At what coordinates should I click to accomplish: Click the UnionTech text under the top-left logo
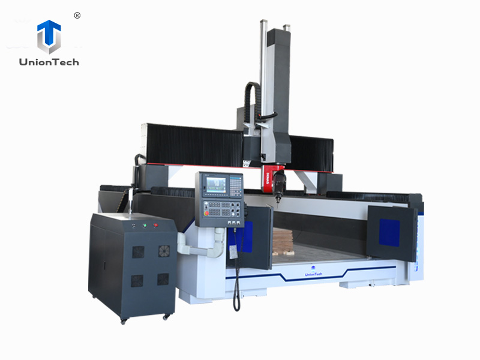point(49,62)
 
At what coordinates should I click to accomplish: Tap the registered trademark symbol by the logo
point(77,16)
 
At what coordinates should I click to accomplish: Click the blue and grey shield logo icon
point(49,37)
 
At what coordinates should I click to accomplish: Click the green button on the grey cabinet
point(144,226)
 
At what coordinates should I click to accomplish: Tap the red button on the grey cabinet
point(155,225)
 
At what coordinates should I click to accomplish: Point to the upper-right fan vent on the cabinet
point(164,251)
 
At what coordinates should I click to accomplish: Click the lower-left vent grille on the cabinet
point(137,280)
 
